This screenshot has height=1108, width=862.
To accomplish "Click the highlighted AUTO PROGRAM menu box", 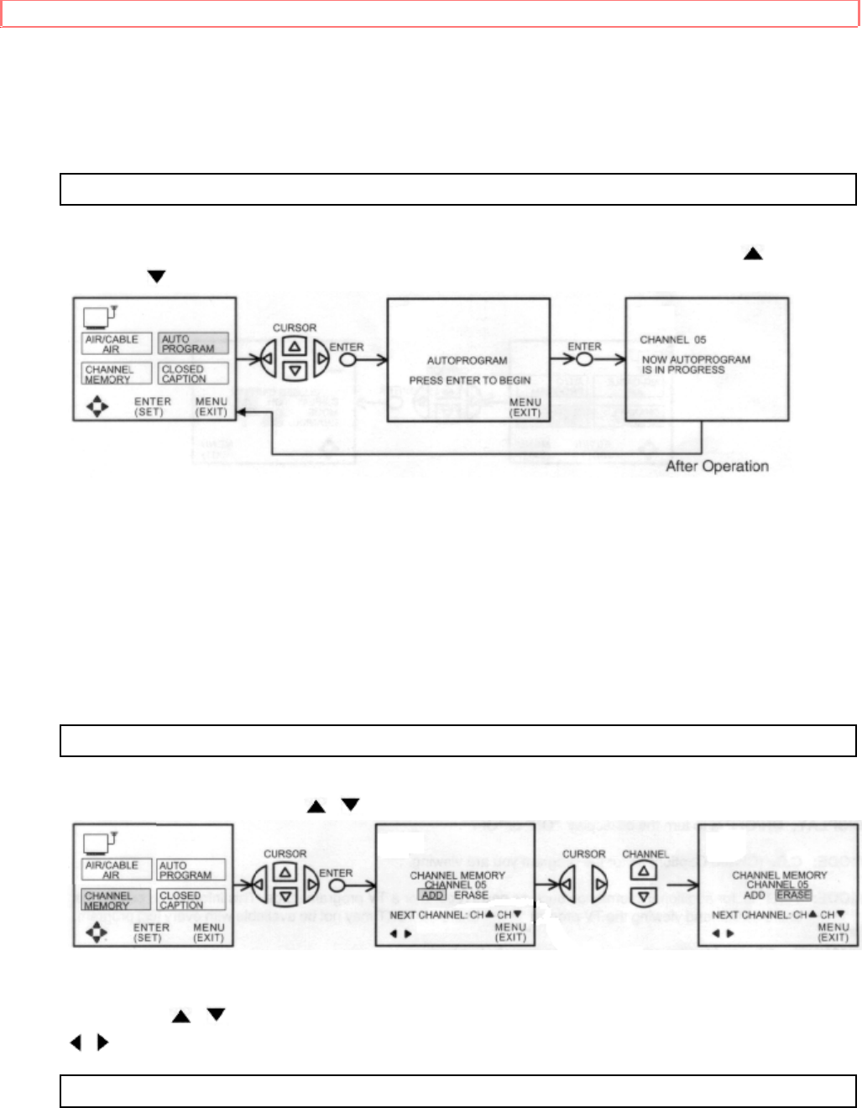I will (x=192, y=343).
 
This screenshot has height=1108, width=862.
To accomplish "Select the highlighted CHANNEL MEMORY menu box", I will (x=116, y=900).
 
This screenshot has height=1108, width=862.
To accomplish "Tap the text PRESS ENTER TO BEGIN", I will (x=469, y=380).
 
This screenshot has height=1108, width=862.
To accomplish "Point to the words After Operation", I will (x=717, y=467).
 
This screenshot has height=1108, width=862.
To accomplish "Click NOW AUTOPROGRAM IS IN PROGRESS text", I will (x=696, y=364).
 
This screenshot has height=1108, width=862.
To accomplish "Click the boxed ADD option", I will (x=433, y=895).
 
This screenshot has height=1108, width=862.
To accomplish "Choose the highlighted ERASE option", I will (x=793, y=895).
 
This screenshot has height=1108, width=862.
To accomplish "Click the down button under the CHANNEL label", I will (x=644, y=896).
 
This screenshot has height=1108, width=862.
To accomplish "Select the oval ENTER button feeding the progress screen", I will (x=584, y=359).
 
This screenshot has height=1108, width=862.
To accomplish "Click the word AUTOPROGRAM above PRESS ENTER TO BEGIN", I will (x=467, y=360).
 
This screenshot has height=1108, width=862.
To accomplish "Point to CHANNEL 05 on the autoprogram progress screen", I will (x=672, y=340).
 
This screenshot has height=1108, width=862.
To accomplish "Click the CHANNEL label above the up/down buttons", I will (x=645, y=855).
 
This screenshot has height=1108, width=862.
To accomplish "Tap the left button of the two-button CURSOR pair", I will (x=567, y=884).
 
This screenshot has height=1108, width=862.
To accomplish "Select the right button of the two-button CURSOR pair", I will (x=599, y=884).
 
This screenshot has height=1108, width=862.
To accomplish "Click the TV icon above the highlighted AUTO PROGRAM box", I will (x=100, y=317).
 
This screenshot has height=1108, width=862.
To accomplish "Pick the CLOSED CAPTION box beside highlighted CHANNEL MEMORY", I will (x=191, y=900).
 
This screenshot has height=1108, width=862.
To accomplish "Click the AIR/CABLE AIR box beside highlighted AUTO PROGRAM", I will (x=117, y=343).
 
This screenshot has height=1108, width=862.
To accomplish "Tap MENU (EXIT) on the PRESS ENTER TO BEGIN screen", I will (x=525, y=407).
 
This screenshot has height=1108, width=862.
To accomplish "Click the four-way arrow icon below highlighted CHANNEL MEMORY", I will (x=97, y=933).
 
